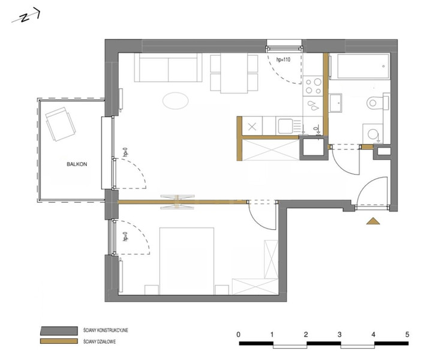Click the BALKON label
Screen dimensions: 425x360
pos(77,164)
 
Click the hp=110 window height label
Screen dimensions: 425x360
pos(283,59)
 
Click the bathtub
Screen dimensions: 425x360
pos(360,67)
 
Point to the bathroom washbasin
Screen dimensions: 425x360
pos(336,103)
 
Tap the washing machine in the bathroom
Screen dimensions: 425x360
pos(373,134)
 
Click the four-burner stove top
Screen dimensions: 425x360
pos(313,86)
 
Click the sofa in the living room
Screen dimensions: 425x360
pos(168,67)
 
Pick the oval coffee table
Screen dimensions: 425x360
pos(176,101)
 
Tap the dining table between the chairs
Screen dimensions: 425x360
pos(234,73)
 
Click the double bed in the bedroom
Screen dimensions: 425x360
pos(187,261)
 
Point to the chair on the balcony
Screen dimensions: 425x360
pos(60,124)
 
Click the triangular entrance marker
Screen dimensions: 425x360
pos(373,221)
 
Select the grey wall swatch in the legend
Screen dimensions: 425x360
pos(59,331)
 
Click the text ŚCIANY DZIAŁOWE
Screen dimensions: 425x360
pos(100,341)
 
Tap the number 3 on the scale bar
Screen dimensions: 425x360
pos(340,335)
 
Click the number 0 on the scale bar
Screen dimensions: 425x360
pos(238,334)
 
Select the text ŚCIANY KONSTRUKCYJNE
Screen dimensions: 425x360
pos(106,331)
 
